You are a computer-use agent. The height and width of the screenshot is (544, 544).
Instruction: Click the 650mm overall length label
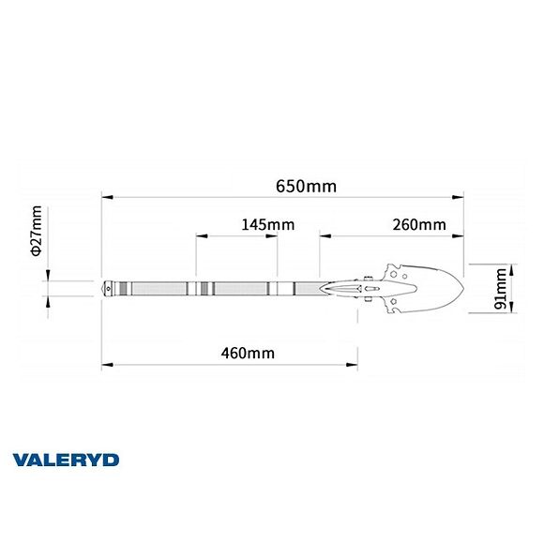coord(306,186)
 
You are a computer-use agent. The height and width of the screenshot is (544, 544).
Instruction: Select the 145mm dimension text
coord(267,224)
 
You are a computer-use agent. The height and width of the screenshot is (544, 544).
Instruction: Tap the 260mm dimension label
coord(419,224)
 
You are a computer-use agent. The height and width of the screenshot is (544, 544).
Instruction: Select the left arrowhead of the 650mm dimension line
coord(107,197)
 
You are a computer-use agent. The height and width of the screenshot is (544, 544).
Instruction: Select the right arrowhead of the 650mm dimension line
coord(460,197)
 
